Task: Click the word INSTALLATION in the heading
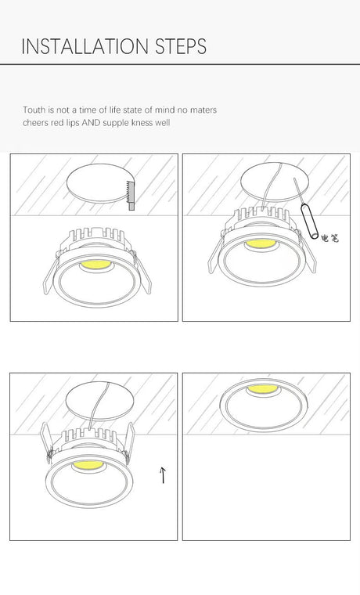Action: tap(85, 46)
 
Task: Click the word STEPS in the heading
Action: tap(181, 46)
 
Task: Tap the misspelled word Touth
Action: tap(34, 110)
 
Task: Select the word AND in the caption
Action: tap(91, 123)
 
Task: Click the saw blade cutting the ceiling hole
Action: tap(130, 195)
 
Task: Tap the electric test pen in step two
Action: tap(310, 222)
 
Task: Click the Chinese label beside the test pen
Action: tap(329, 238)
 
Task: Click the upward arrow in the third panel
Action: tap(163, 475)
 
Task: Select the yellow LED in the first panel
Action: tap(95, 265)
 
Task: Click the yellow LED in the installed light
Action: tap(262, 388)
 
